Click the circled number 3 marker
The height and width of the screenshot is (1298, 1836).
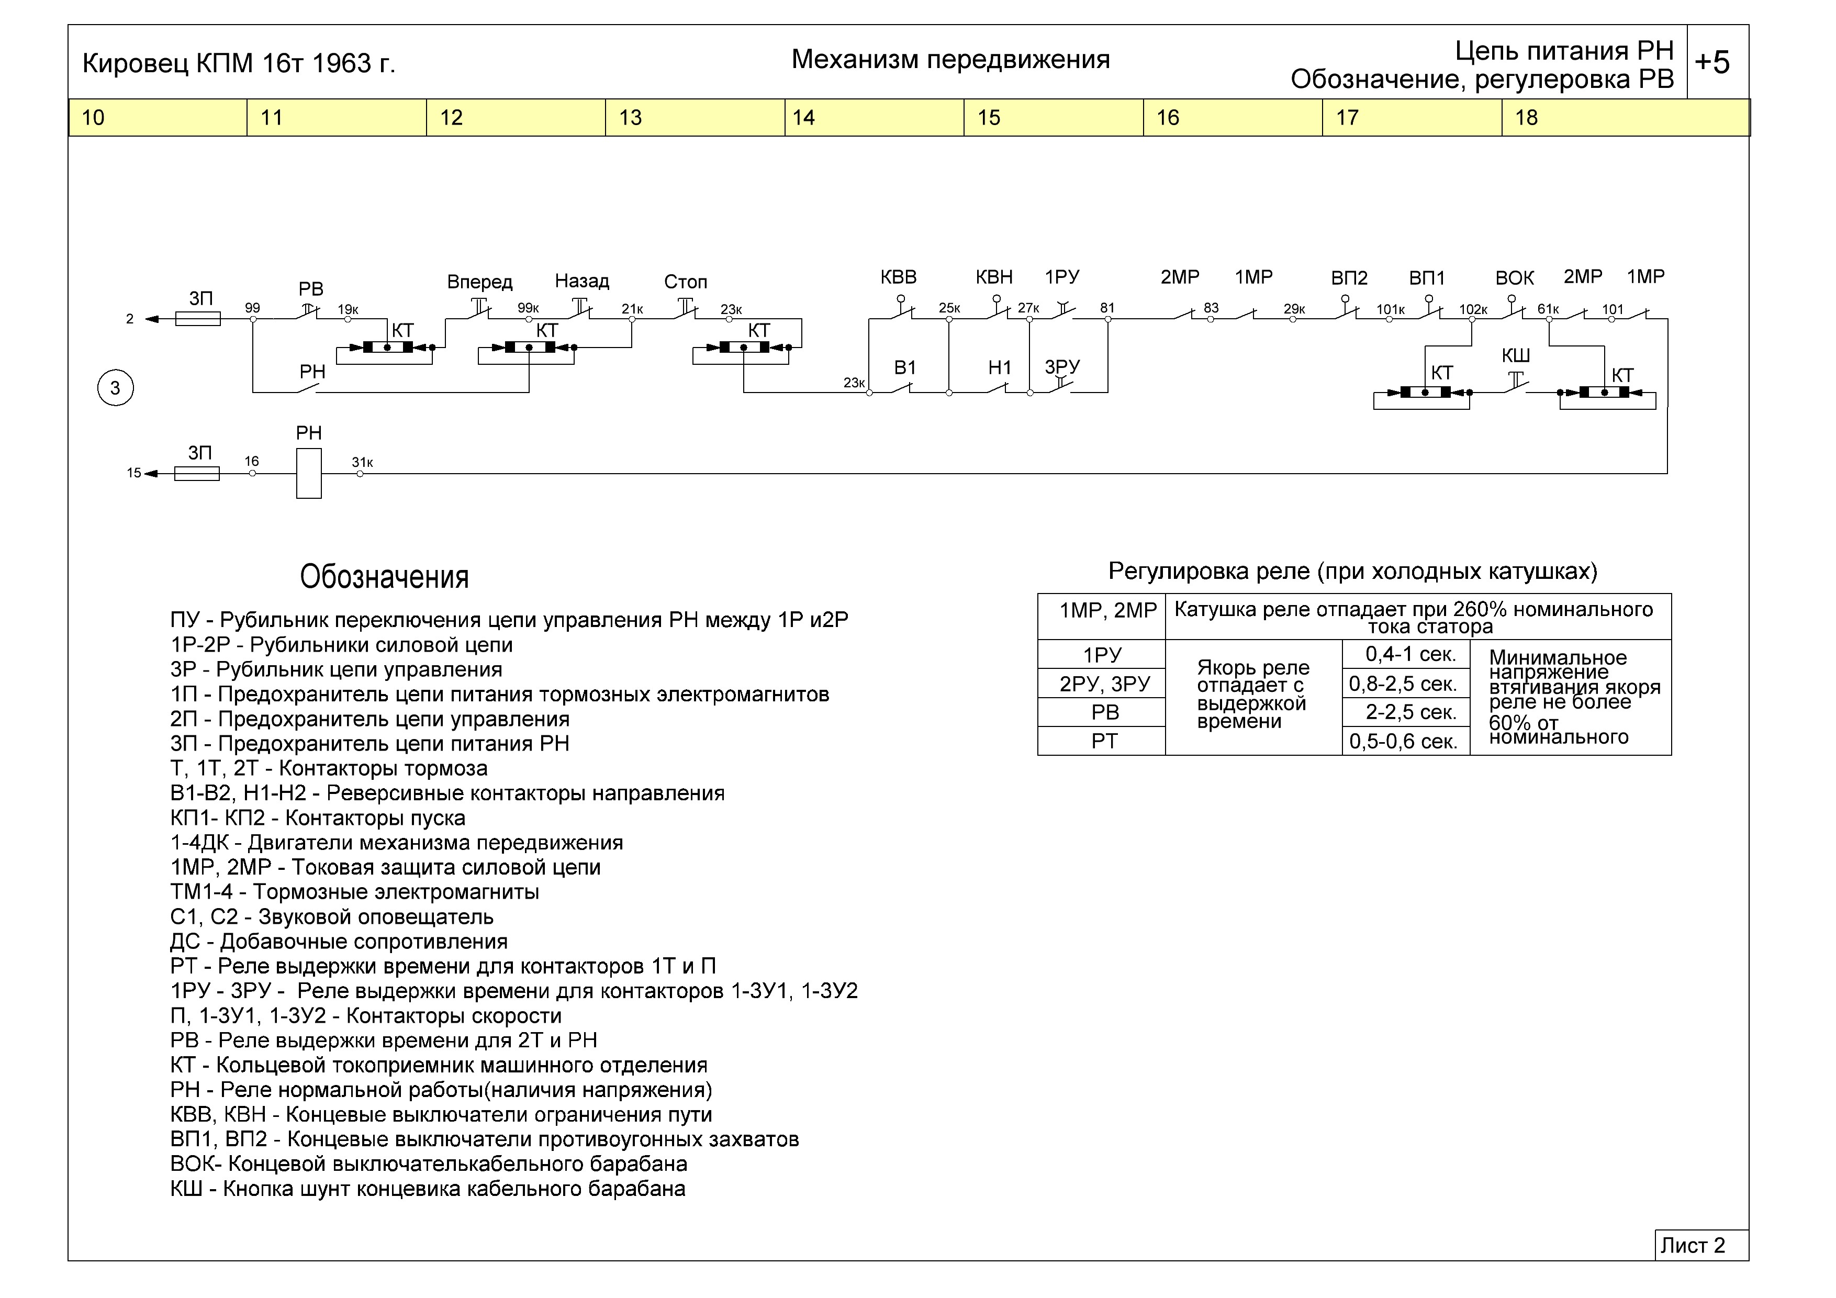tap(115, 389)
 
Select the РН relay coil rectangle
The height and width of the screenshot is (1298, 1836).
tap(309, 474)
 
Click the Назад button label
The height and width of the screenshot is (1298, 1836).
tap(581, 282)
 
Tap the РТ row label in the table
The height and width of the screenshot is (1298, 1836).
tap(1103, 741)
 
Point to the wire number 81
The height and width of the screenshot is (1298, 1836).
tap(1107, 308)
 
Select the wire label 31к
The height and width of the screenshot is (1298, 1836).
tap(362, 462)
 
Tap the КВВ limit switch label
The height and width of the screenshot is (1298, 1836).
tap(898, 277)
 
